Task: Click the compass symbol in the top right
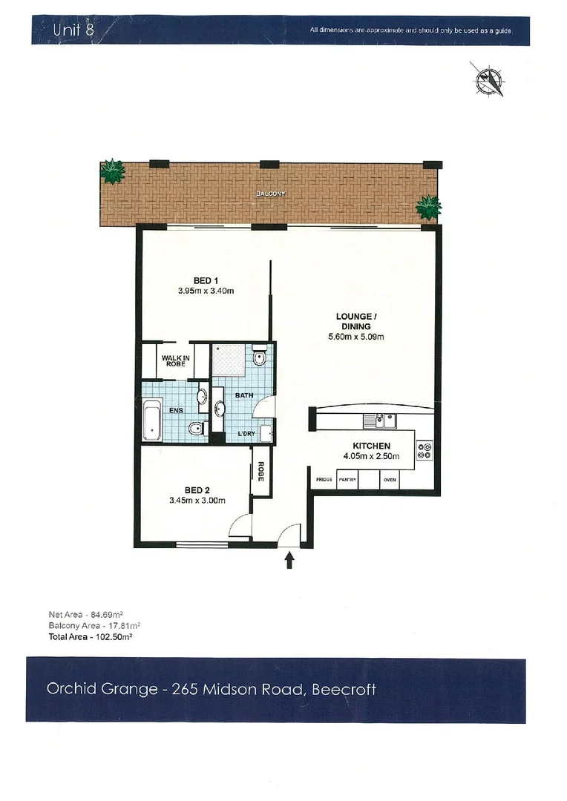click(x=489, y=79)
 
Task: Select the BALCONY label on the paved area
click(x=270, y=194)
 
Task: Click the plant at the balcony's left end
click(x=112, y=172)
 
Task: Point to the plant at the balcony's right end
click(x=428, y=207)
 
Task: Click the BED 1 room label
click(x=206, y=280)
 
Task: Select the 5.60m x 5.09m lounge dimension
click(x=355, y=337)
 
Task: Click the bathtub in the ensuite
click(x=152, y=420)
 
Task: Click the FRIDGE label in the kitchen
click(x=324, y=480)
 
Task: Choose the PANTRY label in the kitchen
click(x=347, y=480)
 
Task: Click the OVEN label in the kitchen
click(x=390, y=480)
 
